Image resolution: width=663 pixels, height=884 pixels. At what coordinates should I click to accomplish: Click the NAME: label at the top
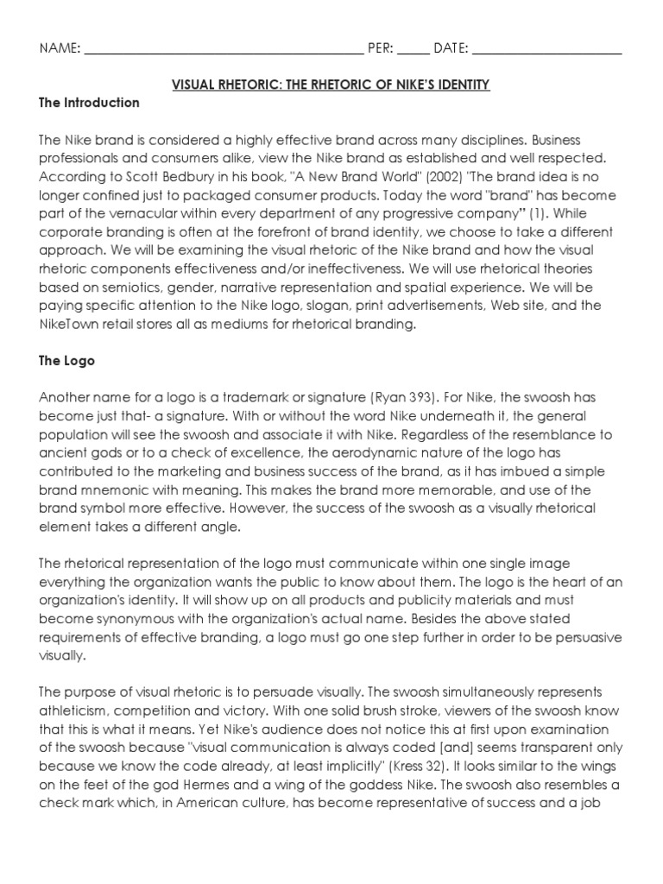click(x=60, y=48)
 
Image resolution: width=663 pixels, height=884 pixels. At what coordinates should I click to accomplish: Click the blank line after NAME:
click(x=224, y=50)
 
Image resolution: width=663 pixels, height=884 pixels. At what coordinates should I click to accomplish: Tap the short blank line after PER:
click(x=413, y=50)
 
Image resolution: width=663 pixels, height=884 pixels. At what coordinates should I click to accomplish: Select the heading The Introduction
click(x=89, y=103)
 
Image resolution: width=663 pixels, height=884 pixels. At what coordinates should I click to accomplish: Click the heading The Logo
click(x=66, y=362)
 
